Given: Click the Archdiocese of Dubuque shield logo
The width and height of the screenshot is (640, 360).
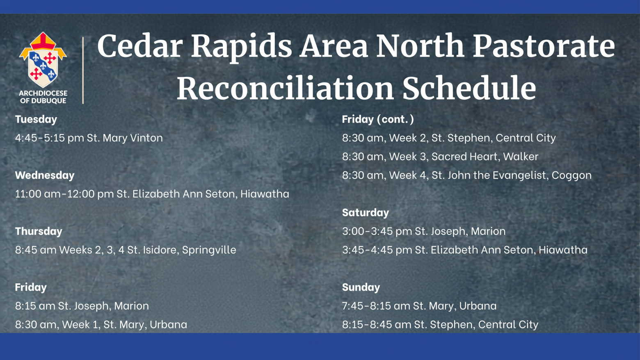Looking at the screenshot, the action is tap(43, 59).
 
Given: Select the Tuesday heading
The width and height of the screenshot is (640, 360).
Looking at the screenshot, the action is tap(36, 119).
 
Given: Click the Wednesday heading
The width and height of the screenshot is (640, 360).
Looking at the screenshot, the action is tap(45, 175).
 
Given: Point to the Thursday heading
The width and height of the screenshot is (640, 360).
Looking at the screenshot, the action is tap(39, 231).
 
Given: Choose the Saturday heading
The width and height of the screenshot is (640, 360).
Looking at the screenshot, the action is tap(366, 213).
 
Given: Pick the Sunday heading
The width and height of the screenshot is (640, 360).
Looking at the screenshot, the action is tap(361, 287).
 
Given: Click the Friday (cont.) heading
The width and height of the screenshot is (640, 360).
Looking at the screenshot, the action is tap(378, 119).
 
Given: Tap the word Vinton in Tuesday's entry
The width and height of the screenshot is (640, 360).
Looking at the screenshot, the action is tap(146, 138).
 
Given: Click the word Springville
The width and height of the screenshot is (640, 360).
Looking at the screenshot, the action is tap(209, 250).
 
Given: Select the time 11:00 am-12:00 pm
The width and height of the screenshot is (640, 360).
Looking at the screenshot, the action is tap(64, 194).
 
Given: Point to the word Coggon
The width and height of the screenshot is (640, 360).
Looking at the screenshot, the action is tap(571, 175).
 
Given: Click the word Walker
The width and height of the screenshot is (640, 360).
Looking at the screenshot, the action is tap(521, 157).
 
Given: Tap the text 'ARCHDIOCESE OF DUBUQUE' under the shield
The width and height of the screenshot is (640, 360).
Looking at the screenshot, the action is tap(43, 97).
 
